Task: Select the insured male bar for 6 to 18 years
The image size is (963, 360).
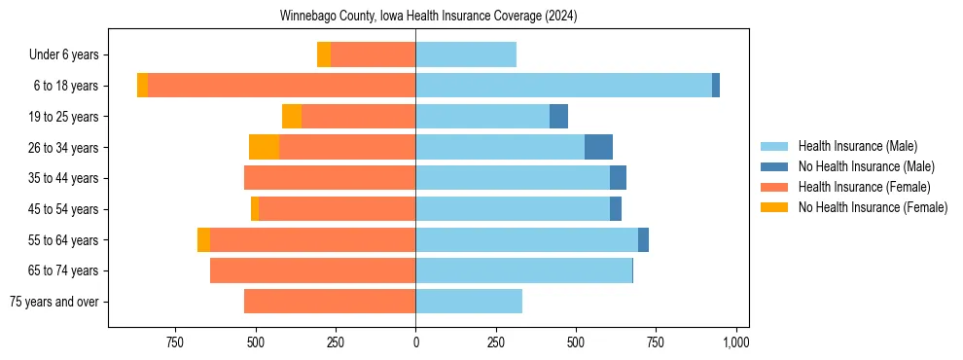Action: tap(563, 86)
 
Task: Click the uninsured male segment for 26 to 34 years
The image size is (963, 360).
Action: tap(598, 147)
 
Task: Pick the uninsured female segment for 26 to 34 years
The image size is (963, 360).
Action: tap(265, 147)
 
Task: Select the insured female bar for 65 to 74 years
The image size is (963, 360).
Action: tap(312, 270)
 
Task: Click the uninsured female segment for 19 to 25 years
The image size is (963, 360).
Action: tap(292, 117)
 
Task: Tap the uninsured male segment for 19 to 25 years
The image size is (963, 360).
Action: tap(558, 117)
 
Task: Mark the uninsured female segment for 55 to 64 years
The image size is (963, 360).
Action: tap(203, 240)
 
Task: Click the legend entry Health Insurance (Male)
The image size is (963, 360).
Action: tap(857, 146)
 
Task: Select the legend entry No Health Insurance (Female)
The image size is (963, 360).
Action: tap(873, 207)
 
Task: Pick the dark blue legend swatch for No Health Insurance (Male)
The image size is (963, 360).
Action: tap(774, 166)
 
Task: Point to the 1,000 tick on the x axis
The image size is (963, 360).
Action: tap(735, 342)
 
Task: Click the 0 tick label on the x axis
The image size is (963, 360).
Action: tap(415, 342)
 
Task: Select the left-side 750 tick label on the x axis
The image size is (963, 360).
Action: tap(175, 342)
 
